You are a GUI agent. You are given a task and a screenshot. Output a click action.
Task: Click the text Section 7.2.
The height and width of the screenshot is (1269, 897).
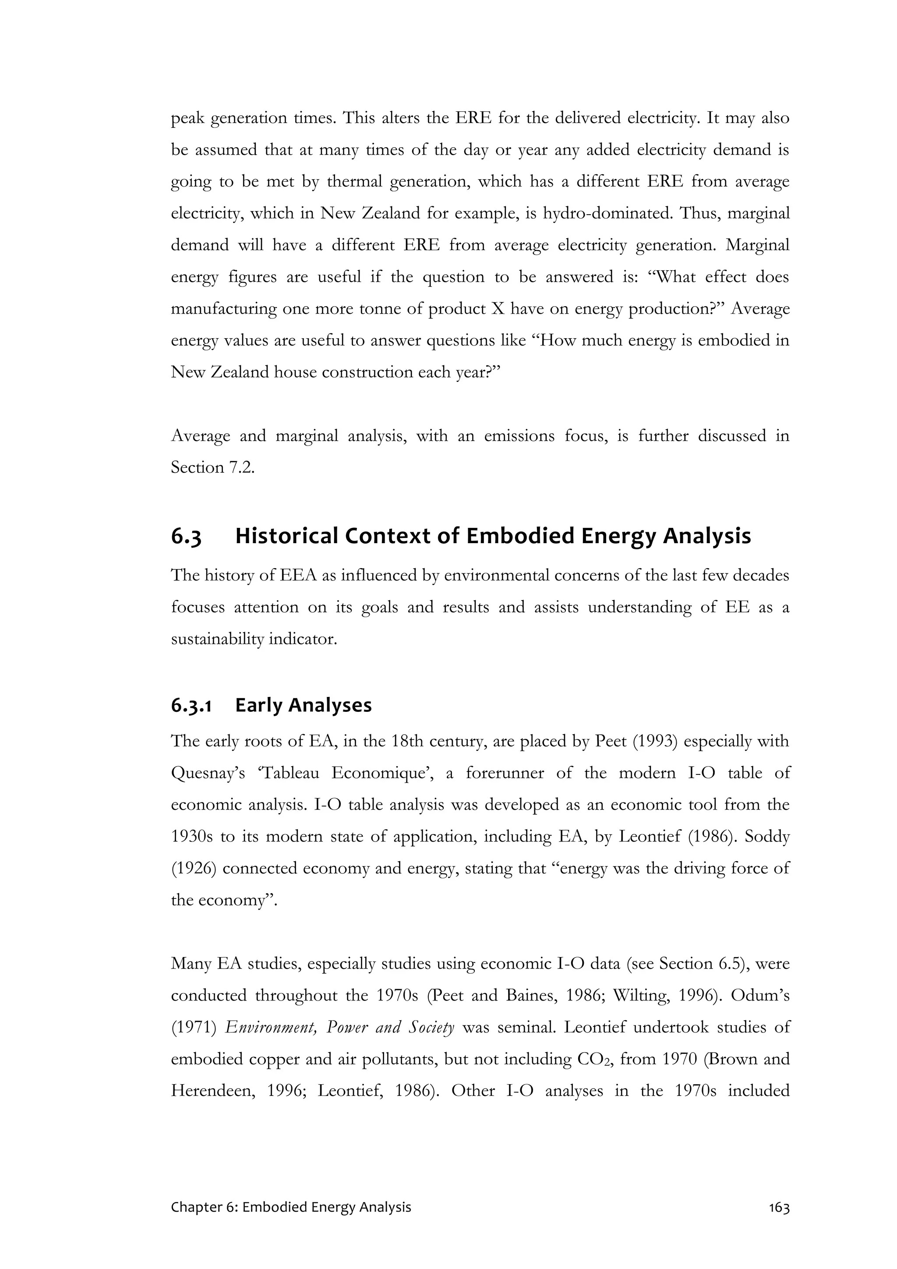(213, 467)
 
